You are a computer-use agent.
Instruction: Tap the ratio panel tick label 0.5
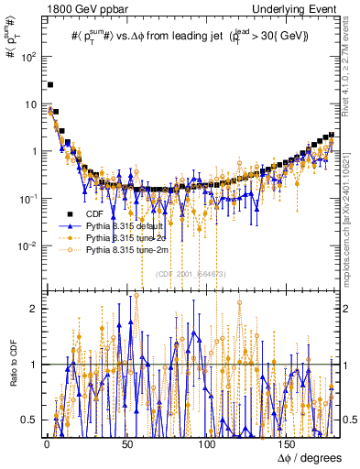tap(29, 420)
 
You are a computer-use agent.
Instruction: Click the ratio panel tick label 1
tap(33, 365)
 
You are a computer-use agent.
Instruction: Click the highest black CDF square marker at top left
tap(50, 85)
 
